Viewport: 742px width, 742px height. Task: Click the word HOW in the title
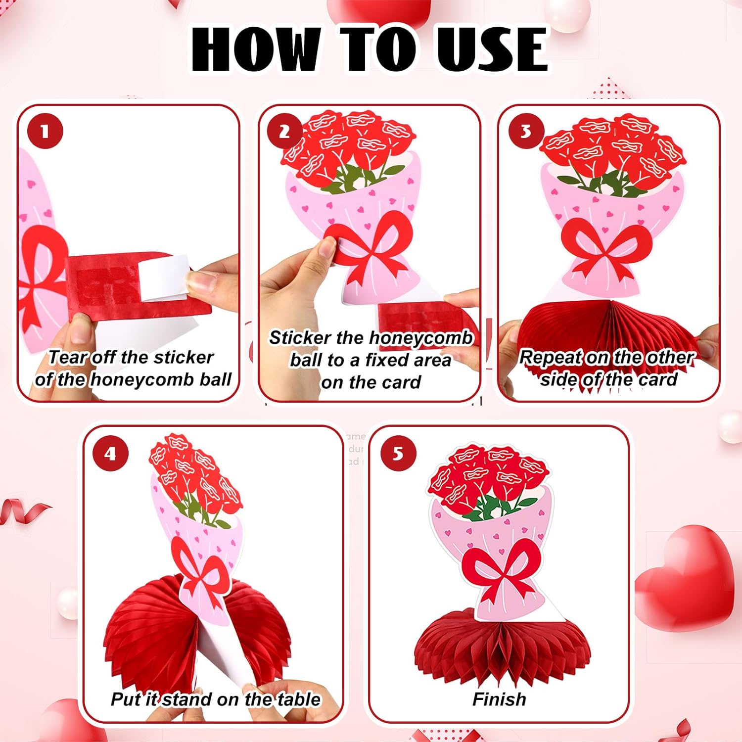(254, 49)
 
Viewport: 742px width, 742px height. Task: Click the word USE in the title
(492, 49)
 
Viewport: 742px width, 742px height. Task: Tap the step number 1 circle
(45, 131)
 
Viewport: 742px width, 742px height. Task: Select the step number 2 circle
(284, 132)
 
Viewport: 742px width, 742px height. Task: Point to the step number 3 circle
(526, 132)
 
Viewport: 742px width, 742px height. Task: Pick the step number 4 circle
(110, 453)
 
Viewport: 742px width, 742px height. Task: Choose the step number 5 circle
(398, 453)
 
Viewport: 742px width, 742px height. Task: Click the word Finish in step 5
(499, 699)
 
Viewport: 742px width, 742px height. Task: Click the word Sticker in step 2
(300, 338)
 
